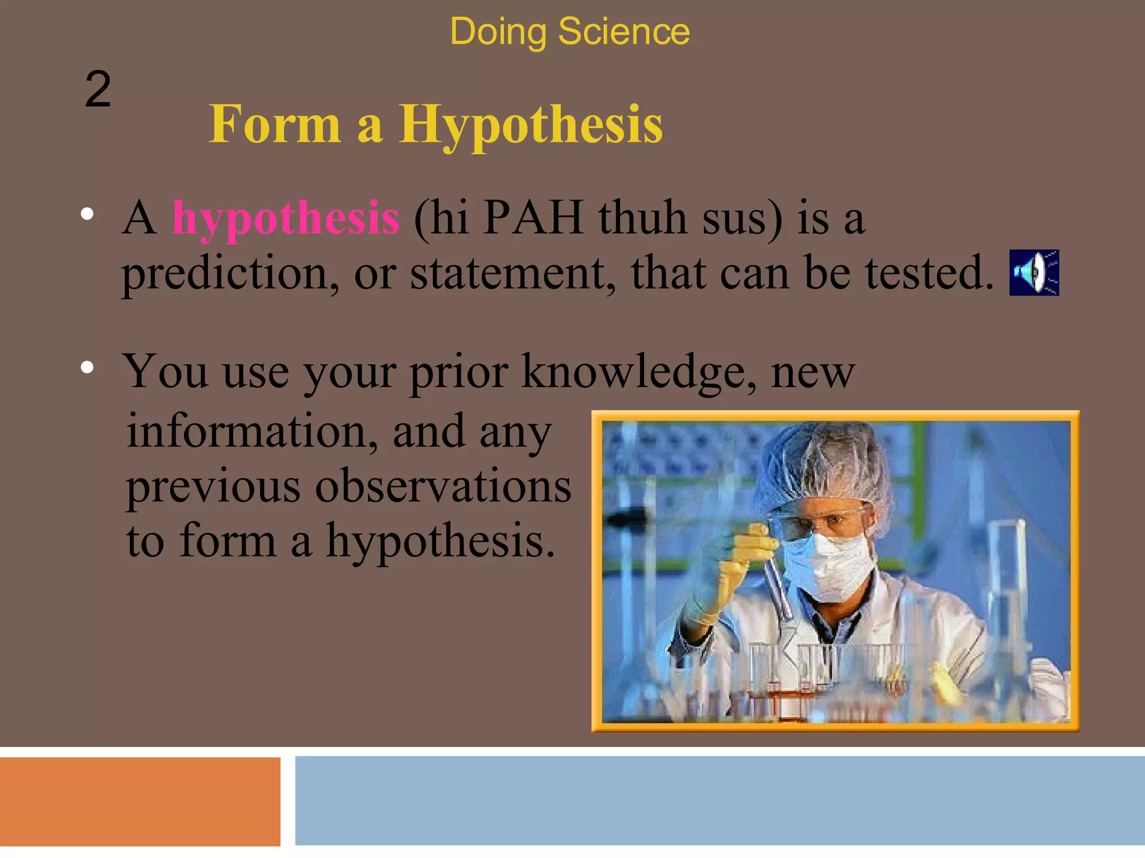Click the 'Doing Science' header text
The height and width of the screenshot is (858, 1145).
pyautogui.click(x=569, y=31)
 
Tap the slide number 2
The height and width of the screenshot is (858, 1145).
pyautogui.click(x=98, y=89)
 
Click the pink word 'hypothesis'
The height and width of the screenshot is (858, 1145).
pyautogui.click(x=286, y=218)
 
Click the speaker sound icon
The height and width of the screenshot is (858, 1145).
pyautogui.click(x=1034, y=273)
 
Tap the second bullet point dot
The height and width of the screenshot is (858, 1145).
pyautogui.click(x=87, y=368)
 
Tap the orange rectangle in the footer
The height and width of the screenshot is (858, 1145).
pyautogui.click(x=140, y=802)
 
